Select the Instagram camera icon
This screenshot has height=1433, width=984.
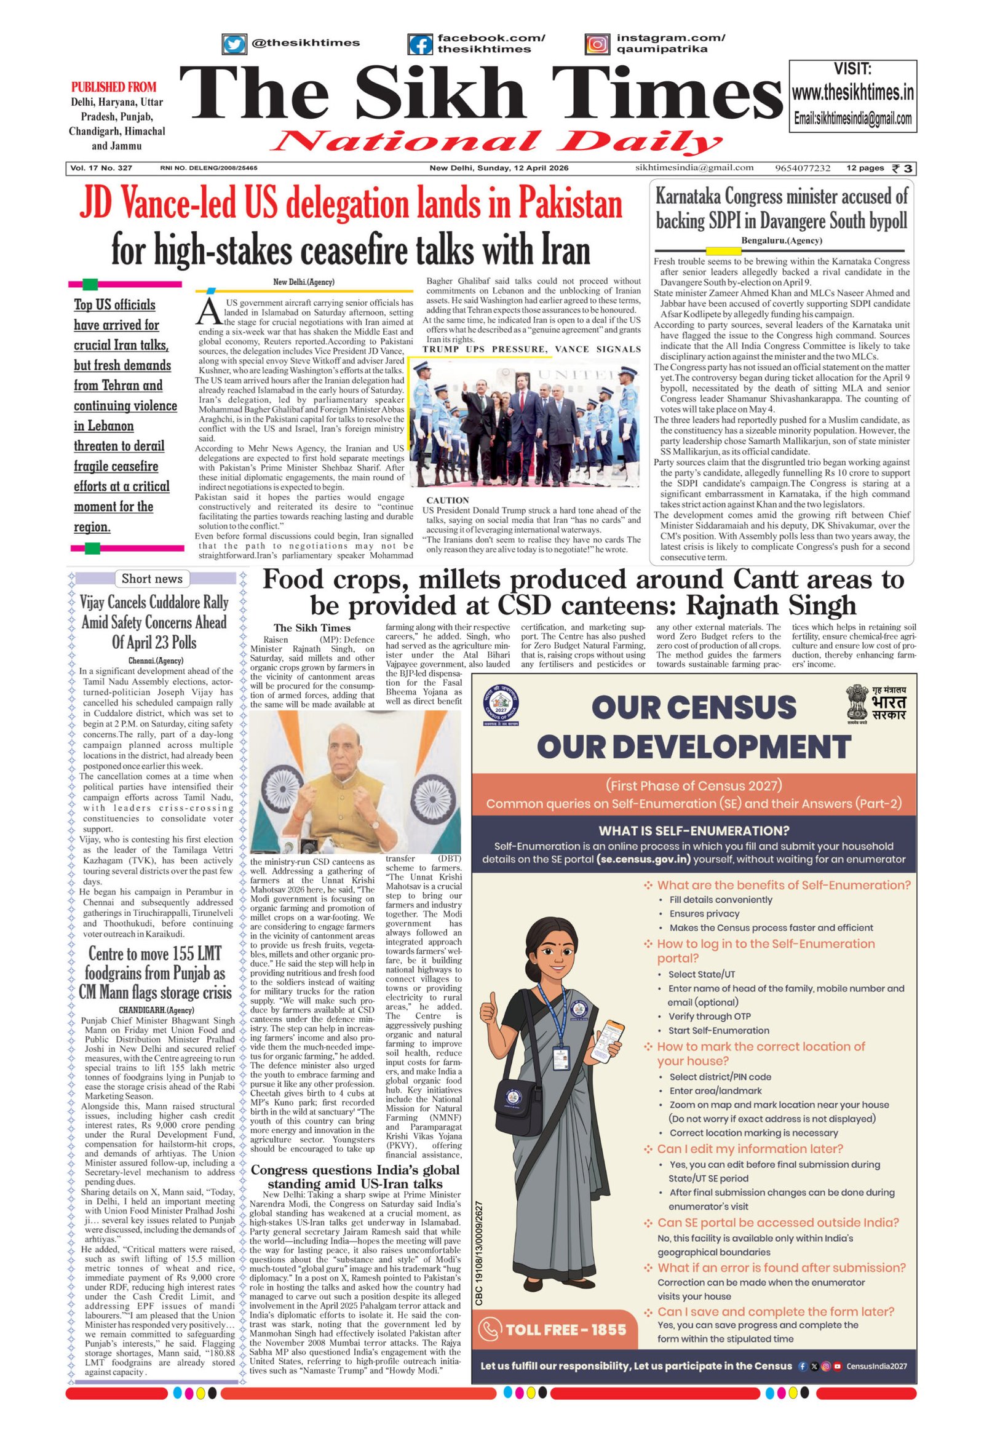[x=597, y=44]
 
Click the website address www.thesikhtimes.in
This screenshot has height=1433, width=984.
[x=852, y=93]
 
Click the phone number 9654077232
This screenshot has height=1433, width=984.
[x=803, y=169]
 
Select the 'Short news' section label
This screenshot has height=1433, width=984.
[x=152, y=578]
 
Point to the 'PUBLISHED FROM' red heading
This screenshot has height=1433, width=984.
[x=113, y=87]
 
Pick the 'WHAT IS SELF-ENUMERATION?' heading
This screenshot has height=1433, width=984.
[x=694, y=830]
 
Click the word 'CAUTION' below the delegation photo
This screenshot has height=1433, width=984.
[x=448, y=500]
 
